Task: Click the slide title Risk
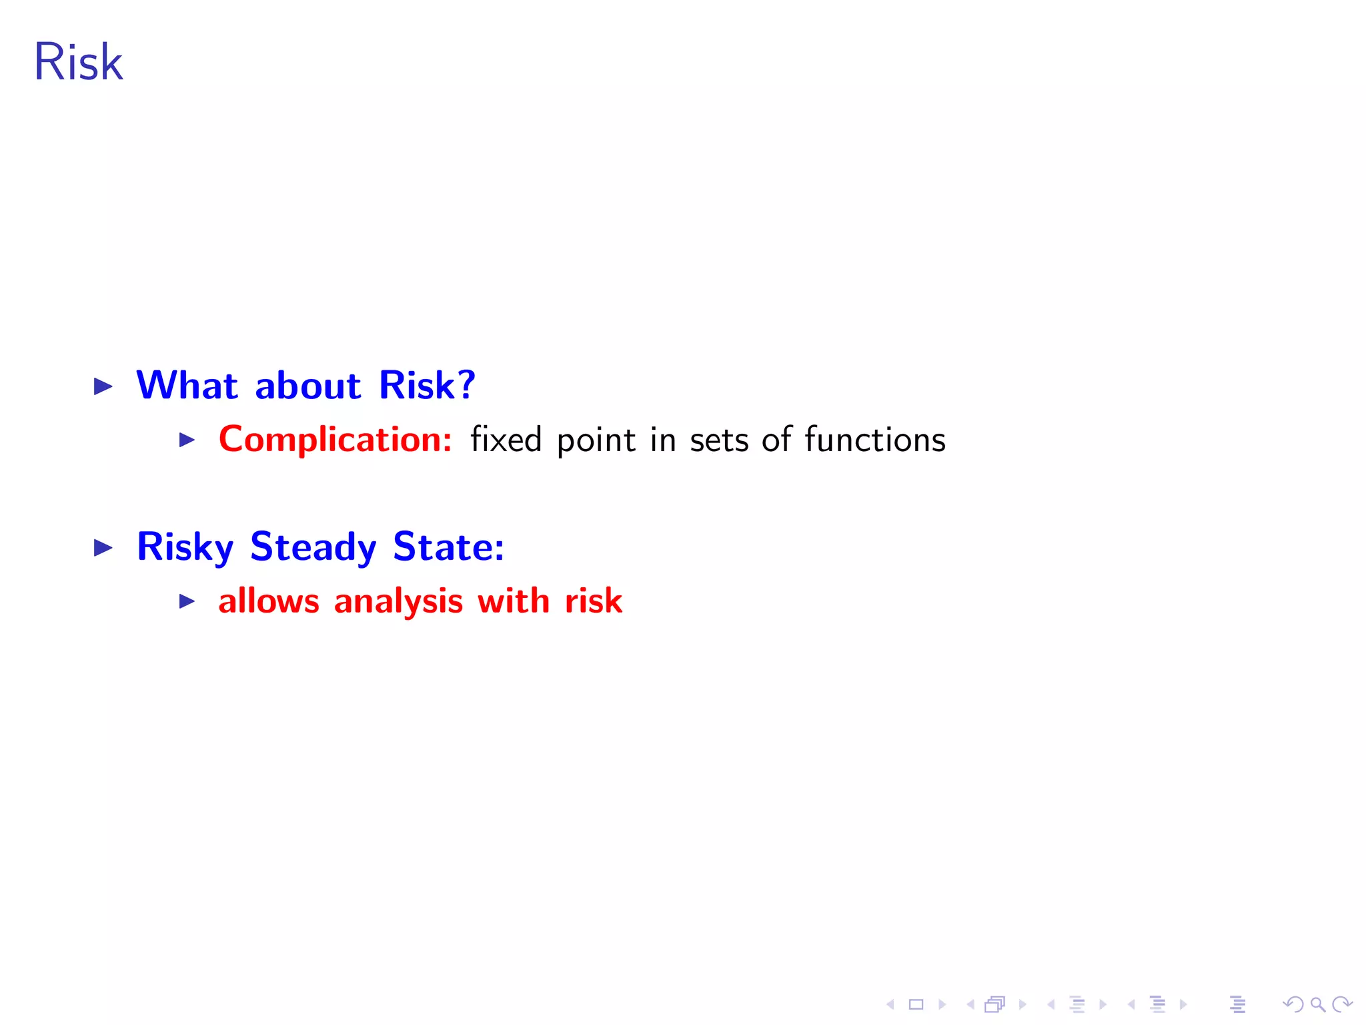pos(78,62)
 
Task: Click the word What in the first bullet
pos(187,385)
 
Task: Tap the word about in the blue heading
pos(308,386)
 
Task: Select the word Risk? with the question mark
pos(427,385)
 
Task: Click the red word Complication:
pos(335,440)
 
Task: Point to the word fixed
pos(506,440)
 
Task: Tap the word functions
pos(875,440)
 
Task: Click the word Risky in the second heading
pos(185,547)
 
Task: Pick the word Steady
pos(313,547)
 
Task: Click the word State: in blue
pos(448,547)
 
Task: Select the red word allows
pos(269,601)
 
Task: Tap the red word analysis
pos(398,602)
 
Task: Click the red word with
pos(514,601)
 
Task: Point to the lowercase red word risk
pos(594,601)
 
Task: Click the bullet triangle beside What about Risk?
pos(103,386)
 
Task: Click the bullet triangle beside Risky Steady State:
pos(103,548)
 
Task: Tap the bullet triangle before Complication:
pos(187,440)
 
